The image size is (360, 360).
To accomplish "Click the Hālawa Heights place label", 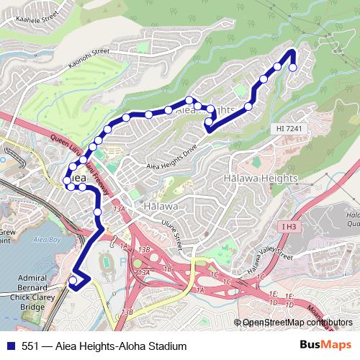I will coord(261,178).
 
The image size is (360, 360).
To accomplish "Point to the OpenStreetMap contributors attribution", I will coord(297,323).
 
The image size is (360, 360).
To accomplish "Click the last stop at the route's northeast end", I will coord(292,68).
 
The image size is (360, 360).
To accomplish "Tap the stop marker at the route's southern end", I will coord(73,282).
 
